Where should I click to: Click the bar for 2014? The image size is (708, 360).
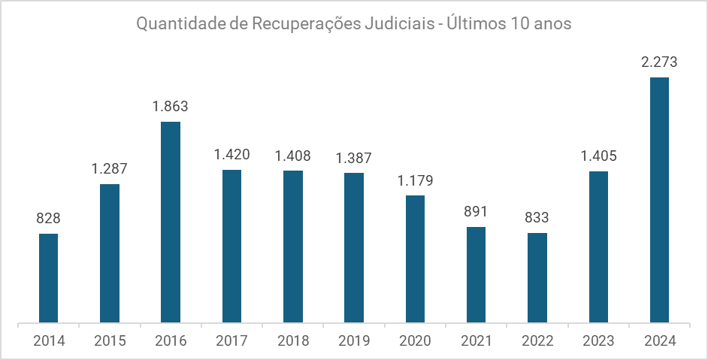click(49, 279)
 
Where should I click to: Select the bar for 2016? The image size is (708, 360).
click(171, 222)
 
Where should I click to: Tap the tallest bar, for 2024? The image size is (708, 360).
click(659, 200)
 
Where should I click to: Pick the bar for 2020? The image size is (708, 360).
click(415, 259)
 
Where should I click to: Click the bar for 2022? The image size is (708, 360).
click(537, 278)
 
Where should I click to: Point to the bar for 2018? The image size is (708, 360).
click(293, 247)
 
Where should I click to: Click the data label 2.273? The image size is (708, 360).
click(659, 62)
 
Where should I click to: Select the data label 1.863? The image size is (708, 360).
click(171, 107)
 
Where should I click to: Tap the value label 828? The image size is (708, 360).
click(49, 219)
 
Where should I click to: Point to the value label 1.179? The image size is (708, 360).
click(415, 180)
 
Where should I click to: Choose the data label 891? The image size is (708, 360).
click(476, 212)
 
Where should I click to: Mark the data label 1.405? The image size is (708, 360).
click(598, 156)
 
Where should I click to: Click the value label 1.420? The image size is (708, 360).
click(231, 155)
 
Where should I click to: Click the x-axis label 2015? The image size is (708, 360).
click(110, 340)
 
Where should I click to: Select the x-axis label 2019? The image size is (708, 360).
click(354, 340)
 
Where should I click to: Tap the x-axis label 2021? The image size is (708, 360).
click(476, 340)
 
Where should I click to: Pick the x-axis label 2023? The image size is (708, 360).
click(598, 340)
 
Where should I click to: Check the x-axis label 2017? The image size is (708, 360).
click(231, 340)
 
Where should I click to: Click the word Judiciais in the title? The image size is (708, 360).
click(398, 24)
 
